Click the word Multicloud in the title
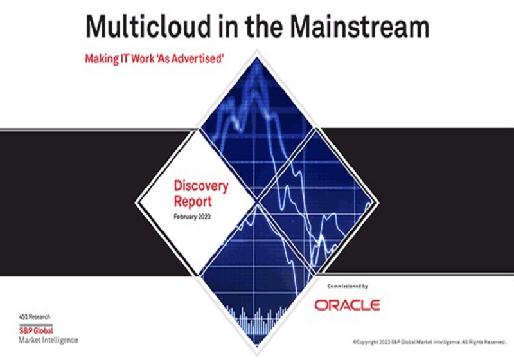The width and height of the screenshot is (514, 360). click(148, 26)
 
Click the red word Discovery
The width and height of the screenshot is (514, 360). click(201, 186)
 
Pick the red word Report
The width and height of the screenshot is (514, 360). click(193, 201)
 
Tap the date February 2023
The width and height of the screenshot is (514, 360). click(192, 217)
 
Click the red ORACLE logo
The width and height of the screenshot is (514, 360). click(347, 305)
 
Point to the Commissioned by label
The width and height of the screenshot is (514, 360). click(348, 286)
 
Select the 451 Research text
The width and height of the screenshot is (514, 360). click(35, 317)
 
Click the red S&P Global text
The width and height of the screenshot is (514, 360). click(36, 330)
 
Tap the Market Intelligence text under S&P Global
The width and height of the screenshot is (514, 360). click(49, 340)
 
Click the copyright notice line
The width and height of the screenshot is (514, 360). click(430, 342)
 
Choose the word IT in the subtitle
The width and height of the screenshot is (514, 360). click(125, 59)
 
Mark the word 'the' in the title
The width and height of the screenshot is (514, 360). click(264, 26)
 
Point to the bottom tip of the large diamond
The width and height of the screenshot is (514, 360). click(257, 355)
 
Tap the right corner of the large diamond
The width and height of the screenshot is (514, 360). click(379, 203)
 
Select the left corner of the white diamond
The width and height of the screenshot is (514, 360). click(135, 203)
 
